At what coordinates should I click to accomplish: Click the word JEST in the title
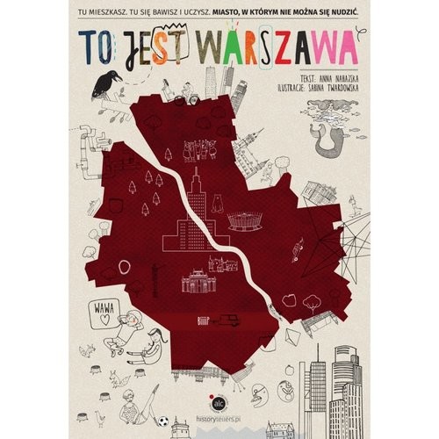[x=152, y=44]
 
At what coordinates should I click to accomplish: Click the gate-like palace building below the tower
[x=197, y=283]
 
